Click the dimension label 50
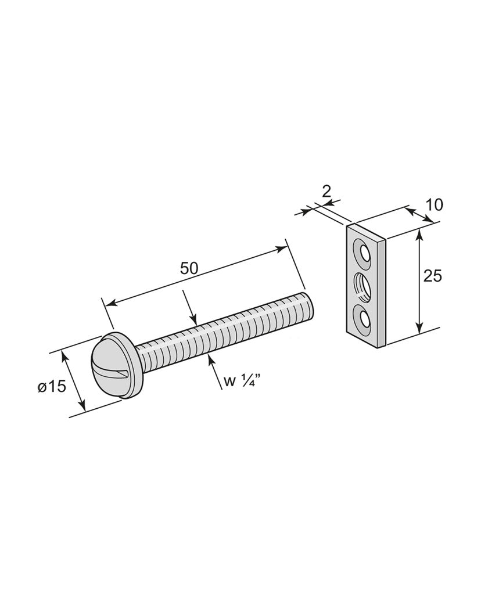coord(189,268)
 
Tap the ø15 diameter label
coord(52,386)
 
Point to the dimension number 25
coord(432,276)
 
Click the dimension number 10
coord(434,205)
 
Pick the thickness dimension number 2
coord(326,191)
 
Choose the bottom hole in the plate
coord(362,318)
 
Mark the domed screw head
coord(115,365)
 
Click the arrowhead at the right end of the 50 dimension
coord(281,249)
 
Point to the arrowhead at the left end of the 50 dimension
coord(110,303)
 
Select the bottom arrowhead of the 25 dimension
coord(420,328)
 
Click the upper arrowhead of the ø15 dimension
coord(66,357)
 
